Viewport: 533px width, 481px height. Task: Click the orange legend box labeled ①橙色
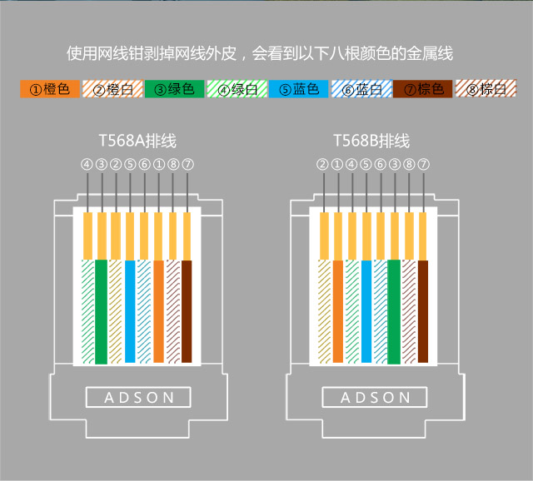pyautogui.click(x=50, y=89)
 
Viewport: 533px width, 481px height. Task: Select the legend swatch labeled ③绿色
pyautogui.click(x=174, y=89)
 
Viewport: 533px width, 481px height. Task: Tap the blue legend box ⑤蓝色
pyautogui.click(x=298, y=89)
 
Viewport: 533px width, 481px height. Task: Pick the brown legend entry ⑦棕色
pyautogui.click(x=423, y=89)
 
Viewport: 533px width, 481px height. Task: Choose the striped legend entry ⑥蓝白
pyautogui.click(x=361, y=89)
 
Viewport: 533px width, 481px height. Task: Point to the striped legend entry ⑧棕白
pyautogui.click(x=486, y=89)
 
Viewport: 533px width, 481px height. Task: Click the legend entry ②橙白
pyautogui.click(x=112, y=89)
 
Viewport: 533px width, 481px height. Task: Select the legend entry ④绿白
pyautogui.click(x=237, y=89)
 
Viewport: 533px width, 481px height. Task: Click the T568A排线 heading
pyautogui.click(x=137, y=141)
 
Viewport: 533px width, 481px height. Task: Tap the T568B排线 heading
pyautogui.click(x=371, y=141)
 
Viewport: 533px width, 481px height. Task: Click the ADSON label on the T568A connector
pyautogui.click(x=140, y=398)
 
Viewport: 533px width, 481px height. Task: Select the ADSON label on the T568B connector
pyautogui.click(x=376, y=398)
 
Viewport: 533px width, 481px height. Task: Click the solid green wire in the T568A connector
pyautogui.click(x=101, y=312)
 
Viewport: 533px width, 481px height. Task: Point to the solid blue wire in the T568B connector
pyautogui.click(x=366, y=312)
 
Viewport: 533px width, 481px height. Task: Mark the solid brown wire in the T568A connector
pyautogui.click(x=187, y=312)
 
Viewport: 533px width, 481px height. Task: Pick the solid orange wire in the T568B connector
pyautogui.click(x=337, y=312)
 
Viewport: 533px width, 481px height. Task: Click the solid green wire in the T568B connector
pyautogui.click(x=395, y=312)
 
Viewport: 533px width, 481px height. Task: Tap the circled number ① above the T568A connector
pyautogui.click(x=158, y=164)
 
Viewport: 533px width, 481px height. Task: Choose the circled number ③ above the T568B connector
pyautogui.click(x=395, y=164)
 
